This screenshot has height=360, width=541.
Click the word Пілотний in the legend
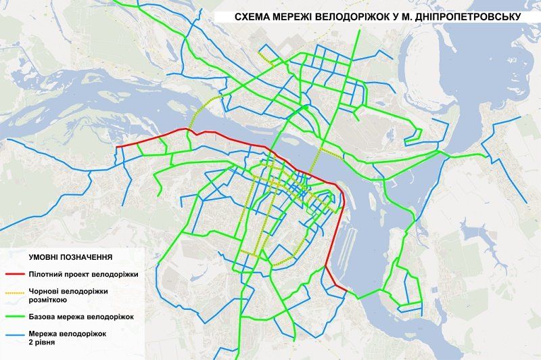47,275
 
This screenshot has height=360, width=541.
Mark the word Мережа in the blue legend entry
45,333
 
